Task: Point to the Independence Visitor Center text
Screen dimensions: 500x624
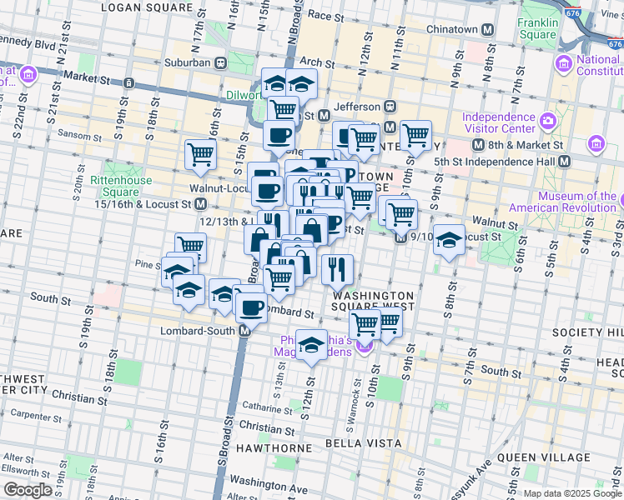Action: coord(499,123)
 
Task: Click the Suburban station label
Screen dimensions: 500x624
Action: coord(186,62)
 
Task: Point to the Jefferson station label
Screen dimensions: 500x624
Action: coord(356,107)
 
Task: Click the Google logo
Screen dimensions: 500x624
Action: coord(28,490)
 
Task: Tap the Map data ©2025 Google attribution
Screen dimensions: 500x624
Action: coord(572,493)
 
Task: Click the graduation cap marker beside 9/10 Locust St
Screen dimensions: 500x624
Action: coord(449,239)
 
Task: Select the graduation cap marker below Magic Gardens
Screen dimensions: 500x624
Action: coord(311,344)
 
